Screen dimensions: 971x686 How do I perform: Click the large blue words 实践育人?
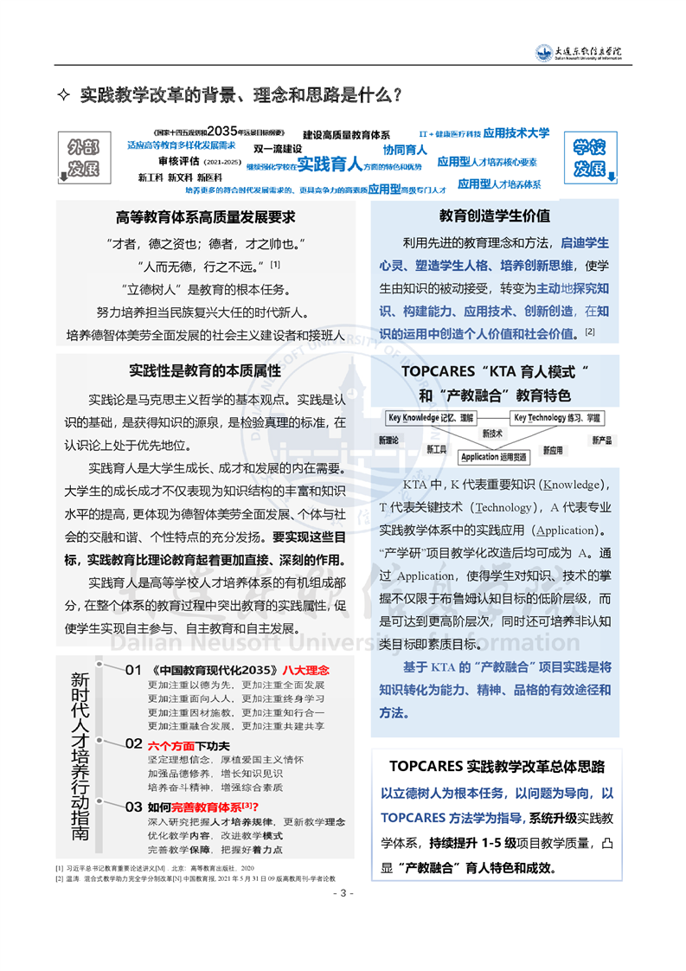[329, 164]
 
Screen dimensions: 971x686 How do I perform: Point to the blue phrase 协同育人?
[405, 150]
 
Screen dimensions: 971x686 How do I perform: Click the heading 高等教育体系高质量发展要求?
[206, 217]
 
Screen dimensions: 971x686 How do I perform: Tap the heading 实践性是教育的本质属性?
[205, 371]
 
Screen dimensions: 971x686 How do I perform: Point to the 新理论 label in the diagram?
[390, 440]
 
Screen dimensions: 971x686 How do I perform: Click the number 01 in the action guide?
[133, 669]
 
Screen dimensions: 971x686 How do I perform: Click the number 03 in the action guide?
[133, 807]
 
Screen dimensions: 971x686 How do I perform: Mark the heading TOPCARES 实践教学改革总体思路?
[496, 766]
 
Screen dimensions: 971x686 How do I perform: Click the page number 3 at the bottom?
[343, 893]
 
